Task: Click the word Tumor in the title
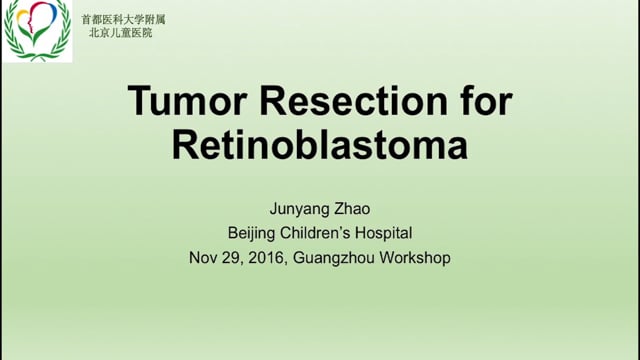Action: tap(187, 100)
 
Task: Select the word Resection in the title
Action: tap(353, 100)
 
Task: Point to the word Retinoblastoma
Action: tap(320, 145)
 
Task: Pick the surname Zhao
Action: tap(352, 209)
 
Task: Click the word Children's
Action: tap(315, 233)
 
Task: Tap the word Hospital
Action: tap(383, 233)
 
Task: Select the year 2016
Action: tap(266, 258)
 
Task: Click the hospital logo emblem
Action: tap(37, 31)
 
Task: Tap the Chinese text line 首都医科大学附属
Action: tap(123, 19)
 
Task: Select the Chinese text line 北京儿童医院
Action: tap(121, 33)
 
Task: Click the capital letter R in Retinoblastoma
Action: tap(185, 145)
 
